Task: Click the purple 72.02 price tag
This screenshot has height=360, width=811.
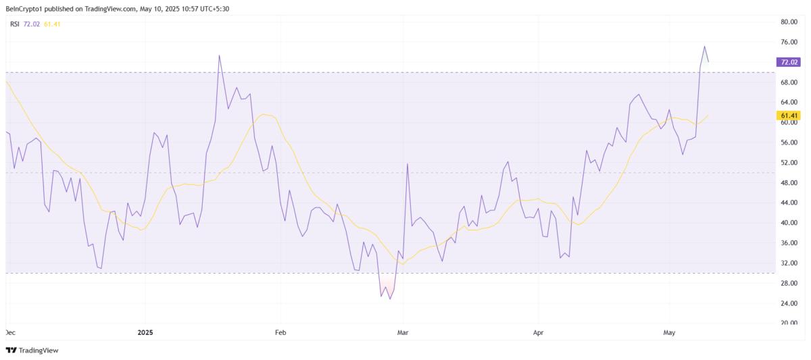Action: coord(789,62)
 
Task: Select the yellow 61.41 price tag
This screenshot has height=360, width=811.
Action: coord(789,115)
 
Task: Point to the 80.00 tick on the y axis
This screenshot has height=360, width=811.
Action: coord(789,22)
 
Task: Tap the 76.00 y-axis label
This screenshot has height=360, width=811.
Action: coord(789,42)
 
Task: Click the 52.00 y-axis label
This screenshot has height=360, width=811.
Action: coord(789,163)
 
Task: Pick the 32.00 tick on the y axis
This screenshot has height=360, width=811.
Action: coord(789,263)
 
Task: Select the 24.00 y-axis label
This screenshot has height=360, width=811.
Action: coord(789,303)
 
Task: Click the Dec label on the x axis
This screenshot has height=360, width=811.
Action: coord(9,332)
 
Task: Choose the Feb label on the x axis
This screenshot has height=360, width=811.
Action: coord(280,332)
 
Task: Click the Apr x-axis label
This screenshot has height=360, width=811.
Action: coord(538,332)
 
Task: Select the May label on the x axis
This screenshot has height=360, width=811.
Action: coord(670,332)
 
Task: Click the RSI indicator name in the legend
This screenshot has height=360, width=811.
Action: coord(14,24)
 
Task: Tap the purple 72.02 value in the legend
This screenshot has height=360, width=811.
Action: coord(31,24)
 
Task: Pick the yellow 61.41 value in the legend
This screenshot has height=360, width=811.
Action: coord(51,24)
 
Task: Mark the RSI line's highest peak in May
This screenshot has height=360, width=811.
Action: coord(704,47)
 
